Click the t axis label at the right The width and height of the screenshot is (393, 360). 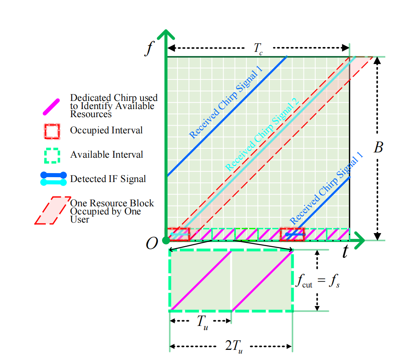345,252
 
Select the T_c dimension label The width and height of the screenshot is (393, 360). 258,49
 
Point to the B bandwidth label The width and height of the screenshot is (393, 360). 378,148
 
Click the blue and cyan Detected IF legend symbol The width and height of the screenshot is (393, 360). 53,179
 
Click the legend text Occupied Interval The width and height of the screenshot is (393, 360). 106,131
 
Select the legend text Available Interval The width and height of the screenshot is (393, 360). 107,154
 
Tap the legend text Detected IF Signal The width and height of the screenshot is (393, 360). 108,178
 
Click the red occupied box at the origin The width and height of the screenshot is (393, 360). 178,234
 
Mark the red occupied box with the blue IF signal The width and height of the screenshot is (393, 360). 292,234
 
